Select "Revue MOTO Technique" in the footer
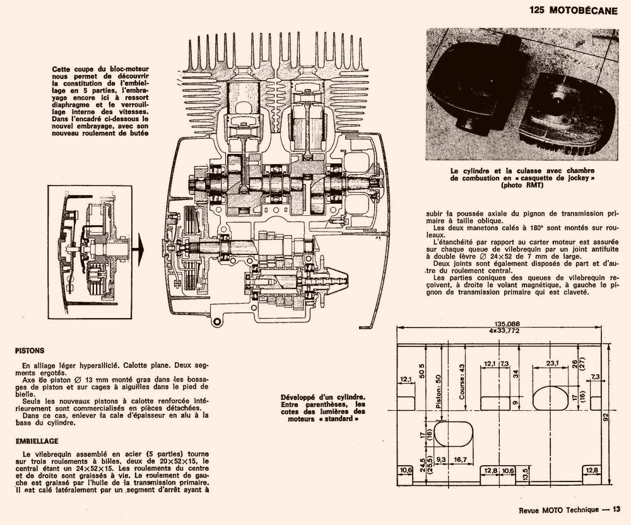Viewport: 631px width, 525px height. coord(553,510)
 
